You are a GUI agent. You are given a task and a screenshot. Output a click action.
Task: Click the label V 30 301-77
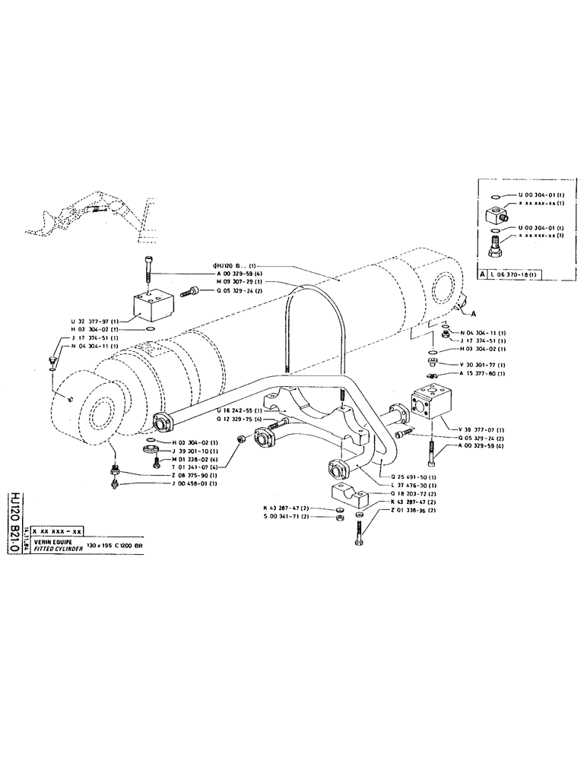(x=485, y=365)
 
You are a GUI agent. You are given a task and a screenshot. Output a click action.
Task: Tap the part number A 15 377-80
(x=485, y=374)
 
